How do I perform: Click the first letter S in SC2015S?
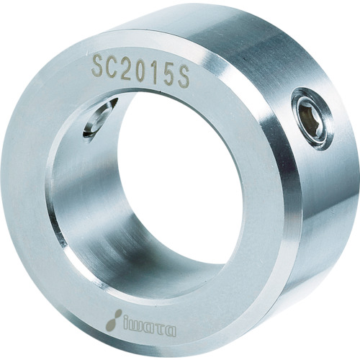coord(98,67)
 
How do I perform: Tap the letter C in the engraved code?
coord(113,66)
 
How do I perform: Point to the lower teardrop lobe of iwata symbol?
coord(110,323)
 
